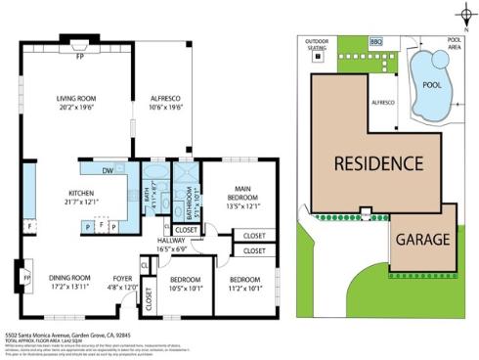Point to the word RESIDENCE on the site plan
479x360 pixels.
pos(378,162)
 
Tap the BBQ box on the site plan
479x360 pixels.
pos(376,42)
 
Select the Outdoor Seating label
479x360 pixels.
pos(317,44)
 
